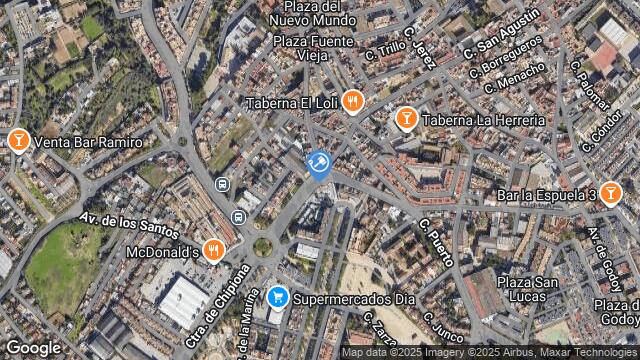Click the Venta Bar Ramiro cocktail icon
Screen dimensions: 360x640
coord(17,141)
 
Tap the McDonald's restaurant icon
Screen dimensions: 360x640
coord(212,250)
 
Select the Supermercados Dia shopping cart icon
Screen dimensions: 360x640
coord(278,297)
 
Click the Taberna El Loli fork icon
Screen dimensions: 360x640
coord(352,102)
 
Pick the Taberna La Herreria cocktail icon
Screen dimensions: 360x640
coord(405,120)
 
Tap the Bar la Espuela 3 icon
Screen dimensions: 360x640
coord(611,194)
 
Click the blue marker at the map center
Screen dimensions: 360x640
coord(319,164)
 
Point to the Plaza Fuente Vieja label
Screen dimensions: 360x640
coord(313,49)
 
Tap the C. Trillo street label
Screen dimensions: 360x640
coord(384,50)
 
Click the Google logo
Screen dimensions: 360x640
coord(33,347)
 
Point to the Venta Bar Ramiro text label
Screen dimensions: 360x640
coord(88,142)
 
